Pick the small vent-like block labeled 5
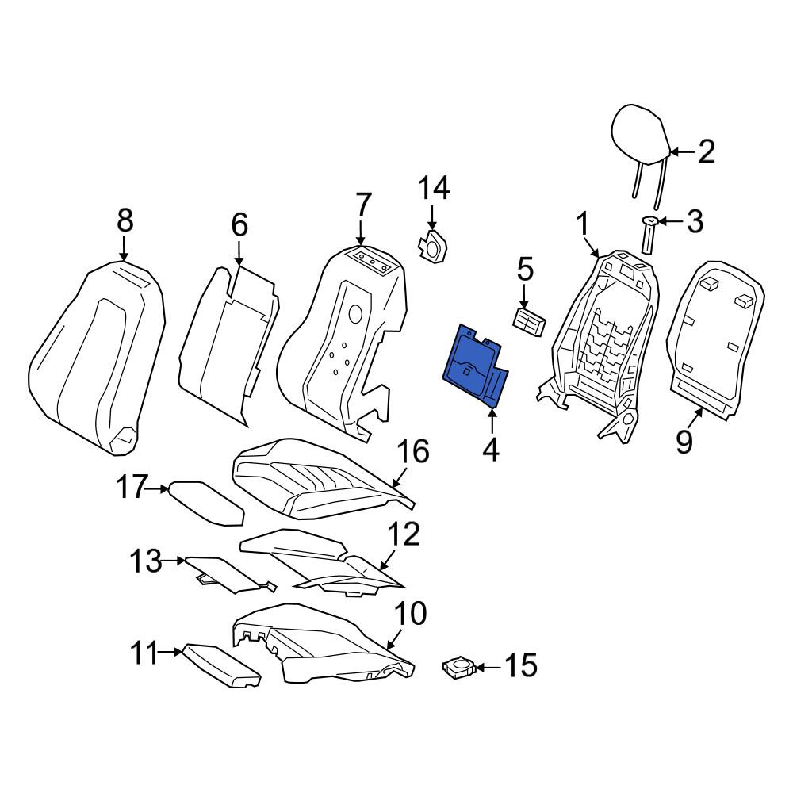click(529, 320)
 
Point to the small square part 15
click(458, 667)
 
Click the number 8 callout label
click(125, 221)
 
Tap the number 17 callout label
click(132, 487)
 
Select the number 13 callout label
click(146, 561)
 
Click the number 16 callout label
click(413, 451)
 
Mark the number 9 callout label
click(684, 442)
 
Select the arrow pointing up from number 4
click(492, 420)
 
